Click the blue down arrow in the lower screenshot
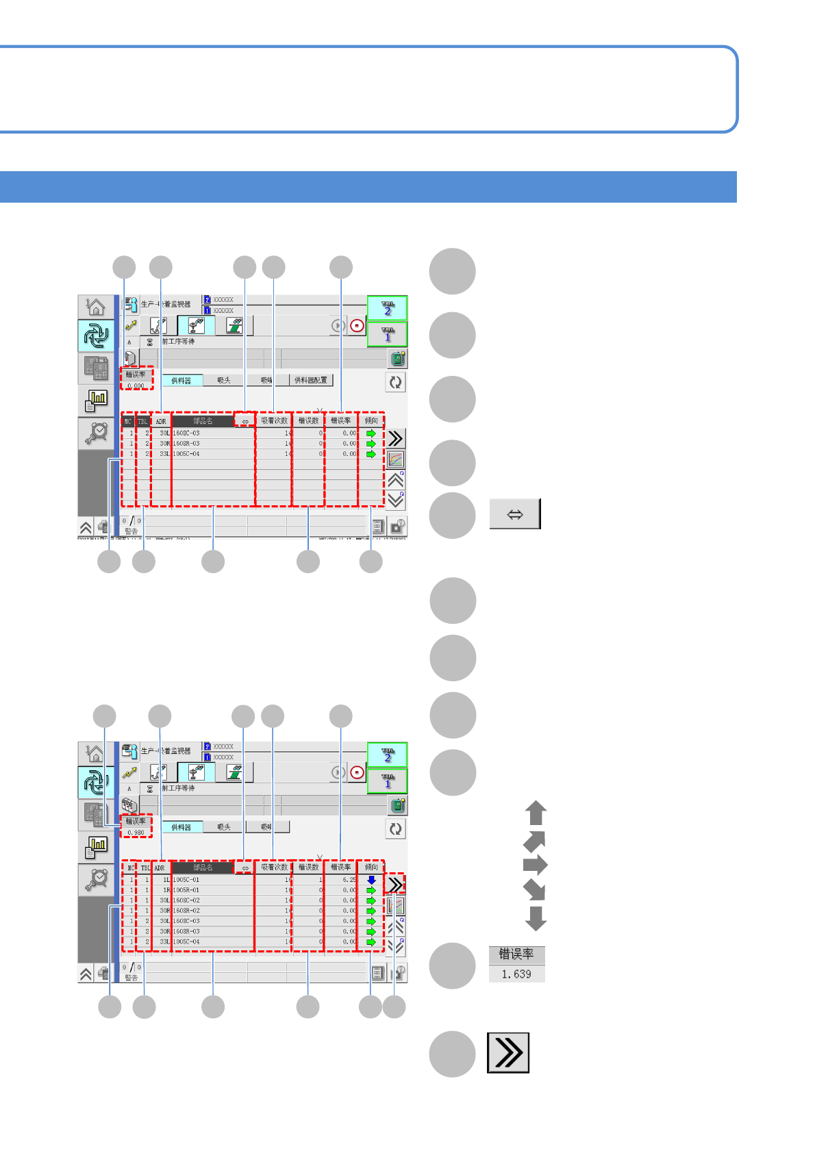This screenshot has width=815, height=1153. (371, 880)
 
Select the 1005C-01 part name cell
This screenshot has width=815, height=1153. (186, 880)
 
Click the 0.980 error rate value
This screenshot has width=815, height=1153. (136, 833)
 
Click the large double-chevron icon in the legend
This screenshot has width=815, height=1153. (508, 1052)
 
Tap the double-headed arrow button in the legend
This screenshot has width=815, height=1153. (515, 514)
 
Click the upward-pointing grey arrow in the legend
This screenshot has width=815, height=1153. (536, 813)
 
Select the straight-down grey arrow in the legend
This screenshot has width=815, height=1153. (536, 918)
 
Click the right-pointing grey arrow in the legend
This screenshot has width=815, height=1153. (536, 865)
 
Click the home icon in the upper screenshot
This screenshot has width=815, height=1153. (96, 307)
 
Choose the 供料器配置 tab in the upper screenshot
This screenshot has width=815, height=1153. (310, 380)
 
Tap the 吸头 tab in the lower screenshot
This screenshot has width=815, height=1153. (224, 827)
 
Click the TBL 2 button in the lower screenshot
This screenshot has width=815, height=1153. (388, 755)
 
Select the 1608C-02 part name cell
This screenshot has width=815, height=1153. (186, 900)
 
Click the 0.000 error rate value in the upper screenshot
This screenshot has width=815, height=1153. (136, 385)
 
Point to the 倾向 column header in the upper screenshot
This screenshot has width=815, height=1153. (371, 420)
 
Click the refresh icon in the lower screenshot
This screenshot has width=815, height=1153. (395, 829)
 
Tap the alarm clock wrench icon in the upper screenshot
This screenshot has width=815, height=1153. (96, 433)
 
